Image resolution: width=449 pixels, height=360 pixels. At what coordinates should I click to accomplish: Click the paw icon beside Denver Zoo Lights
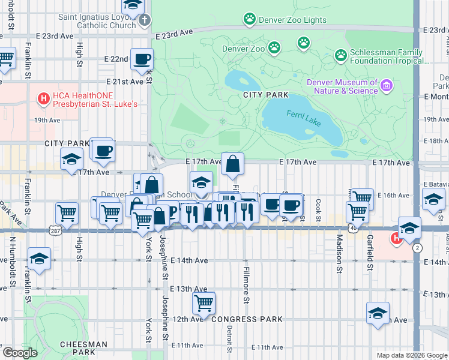(x=249, y=19)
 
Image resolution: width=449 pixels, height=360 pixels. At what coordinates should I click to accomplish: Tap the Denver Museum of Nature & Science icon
(x=387, y=86)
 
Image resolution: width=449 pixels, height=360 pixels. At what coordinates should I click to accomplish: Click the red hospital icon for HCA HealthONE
(x=43, y=98)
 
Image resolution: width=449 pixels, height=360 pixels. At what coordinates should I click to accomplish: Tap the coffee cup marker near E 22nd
(x=142, y=59)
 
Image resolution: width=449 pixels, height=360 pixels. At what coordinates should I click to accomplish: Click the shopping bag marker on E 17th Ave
(x=232, y=164)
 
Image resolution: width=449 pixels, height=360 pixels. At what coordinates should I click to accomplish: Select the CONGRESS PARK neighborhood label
(x=247, y=319)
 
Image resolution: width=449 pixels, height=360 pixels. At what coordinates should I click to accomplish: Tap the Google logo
(x=20, y=352)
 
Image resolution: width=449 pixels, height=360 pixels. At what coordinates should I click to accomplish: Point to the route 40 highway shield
(x=352, y=229)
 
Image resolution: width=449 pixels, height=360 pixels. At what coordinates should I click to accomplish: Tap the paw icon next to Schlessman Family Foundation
(x=341, y=56)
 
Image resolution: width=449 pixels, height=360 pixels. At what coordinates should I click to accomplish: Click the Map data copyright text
(x=411, y=355)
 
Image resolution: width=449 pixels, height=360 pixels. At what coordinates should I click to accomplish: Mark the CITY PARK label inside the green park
(x=266, y=95)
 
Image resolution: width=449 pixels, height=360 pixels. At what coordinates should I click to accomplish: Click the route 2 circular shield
(x=417, y=248)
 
